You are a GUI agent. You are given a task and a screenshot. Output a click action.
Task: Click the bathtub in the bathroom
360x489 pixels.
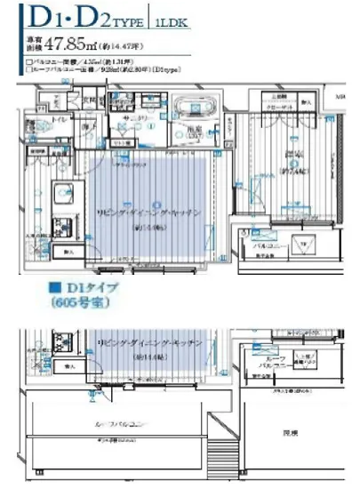[188, 108]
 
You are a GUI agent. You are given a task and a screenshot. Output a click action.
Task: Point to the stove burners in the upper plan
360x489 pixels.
[63, 222]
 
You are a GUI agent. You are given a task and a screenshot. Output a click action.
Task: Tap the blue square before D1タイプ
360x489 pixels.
[53, 289]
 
